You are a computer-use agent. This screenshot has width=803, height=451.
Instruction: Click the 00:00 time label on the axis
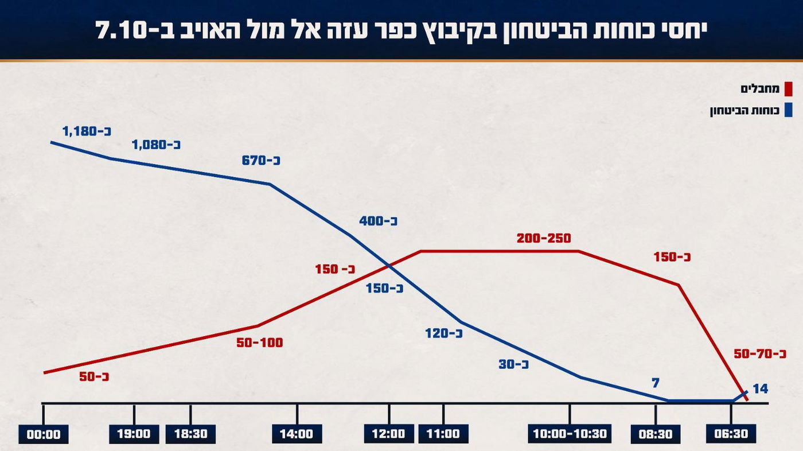click(44, 434)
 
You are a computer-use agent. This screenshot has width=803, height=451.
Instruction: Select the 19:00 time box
click(134, 434)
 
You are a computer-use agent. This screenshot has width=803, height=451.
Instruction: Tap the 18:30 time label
click(190, 434)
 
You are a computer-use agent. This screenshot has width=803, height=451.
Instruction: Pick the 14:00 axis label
click(297, 434)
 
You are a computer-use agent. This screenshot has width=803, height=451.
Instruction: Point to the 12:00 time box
click(388, 434)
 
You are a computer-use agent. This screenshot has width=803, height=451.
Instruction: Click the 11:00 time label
click(443, 434)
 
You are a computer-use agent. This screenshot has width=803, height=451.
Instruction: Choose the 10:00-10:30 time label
click(570, 434)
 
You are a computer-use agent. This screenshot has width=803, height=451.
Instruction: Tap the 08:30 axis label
click(656, 434)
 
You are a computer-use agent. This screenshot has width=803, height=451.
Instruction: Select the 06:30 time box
click(731, 434)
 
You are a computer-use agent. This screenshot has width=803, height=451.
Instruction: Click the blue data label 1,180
click(85, 131)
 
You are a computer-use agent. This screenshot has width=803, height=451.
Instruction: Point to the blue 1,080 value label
click(156, 145)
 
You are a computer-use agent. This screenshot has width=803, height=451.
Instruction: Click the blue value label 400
click(379, 221)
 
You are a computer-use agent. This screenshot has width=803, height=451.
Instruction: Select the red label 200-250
click(544, 238)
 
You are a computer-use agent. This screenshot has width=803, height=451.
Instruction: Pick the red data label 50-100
click(260, 343)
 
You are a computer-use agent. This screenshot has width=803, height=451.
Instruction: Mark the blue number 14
click(760, 389)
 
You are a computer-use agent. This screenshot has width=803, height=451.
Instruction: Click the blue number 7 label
click(656, 383)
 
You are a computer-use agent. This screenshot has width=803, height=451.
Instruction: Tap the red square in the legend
click(788, 89)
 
